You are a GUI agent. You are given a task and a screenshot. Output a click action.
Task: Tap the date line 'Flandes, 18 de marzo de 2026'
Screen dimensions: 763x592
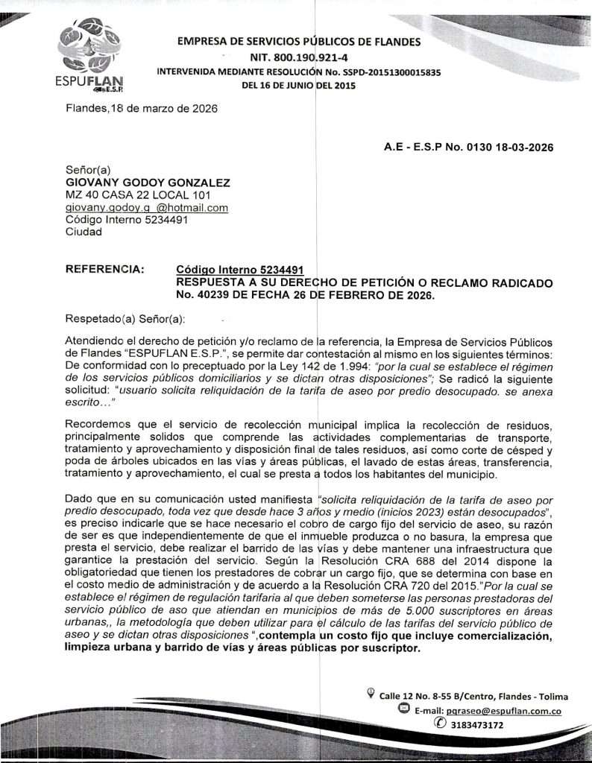(142, 109)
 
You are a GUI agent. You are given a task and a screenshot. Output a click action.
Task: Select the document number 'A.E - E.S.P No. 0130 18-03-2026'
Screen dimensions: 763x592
(468, 148)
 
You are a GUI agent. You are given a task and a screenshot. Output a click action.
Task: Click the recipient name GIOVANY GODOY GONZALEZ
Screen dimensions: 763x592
(148, 183)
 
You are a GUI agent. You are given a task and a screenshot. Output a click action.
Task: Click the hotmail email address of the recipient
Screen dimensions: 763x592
(147, 208)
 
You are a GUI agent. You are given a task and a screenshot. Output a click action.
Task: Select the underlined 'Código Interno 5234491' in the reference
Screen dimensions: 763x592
(240, 270)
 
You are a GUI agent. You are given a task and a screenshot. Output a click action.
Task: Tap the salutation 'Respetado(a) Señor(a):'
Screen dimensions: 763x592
(125, 320)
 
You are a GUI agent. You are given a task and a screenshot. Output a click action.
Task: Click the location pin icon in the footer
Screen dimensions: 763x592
(371, 695)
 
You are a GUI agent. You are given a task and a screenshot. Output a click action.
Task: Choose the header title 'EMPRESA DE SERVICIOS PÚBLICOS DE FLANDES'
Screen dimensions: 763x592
(298, 42)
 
